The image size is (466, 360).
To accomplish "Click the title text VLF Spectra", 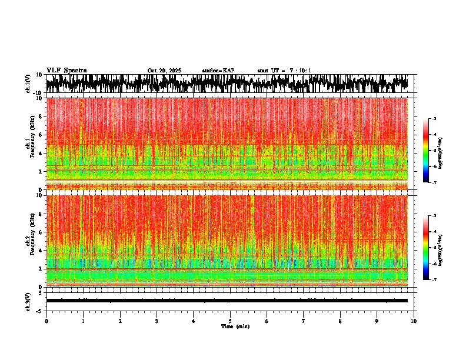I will pyautogui.click(x=66, y=71).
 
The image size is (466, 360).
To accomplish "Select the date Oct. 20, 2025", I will pyautogui.click(x=164, y=71).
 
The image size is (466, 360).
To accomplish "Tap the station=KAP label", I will pyautogui.click(x=218, y=71).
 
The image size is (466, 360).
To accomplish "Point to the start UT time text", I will pyautogui.click(x=284, y=71).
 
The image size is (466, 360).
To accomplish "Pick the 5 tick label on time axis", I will pyautogui.click(x=230, y=321).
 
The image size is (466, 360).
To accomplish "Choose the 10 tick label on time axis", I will pyautogui.click(x=414, y=321).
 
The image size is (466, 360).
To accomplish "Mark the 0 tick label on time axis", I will pyautogui.click(x=46, y=321).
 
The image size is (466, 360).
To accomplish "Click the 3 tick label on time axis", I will pyautogui.click(x=157, y=321).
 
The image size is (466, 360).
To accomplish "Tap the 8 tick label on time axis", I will pyautogui.click(x=340, y=321).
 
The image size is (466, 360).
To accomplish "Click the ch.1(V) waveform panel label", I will pyautogui.click(x=28, y=84).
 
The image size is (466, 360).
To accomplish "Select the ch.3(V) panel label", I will pyautogui.click(x=28, y=301).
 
